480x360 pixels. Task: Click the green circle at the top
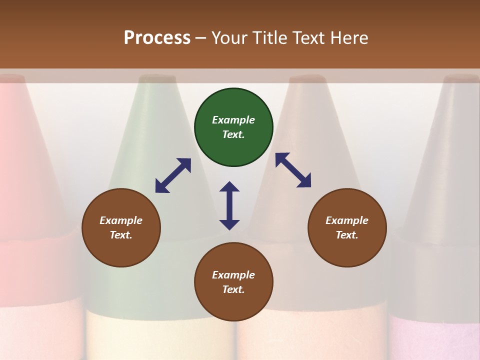click(x=233, y=127)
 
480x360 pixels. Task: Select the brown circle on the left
click(x=121, y=227)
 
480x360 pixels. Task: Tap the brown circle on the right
click(x=347, y=227)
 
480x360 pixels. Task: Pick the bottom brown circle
click(x=233, y=282)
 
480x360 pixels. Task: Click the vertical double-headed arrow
click(x=229, y=205)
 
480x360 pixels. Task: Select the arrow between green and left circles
click(x=173, y=175)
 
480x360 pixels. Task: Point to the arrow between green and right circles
click(x=293, y=170)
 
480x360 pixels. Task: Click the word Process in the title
click(x=157, y=37)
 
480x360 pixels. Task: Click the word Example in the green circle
click(x=233, y=120)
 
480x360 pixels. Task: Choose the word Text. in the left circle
click(x=121, y=235)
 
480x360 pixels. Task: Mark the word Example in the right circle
click(x=347, y=220)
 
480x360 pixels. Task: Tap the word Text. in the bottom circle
click(x=233, y=289)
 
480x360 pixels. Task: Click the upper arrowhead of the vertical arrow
click(x=229, y=187)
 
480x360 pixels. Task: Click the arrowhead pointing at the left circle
click(x=161, y=186)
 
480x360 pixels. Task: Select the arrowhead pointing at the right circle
click(x=304, y=181)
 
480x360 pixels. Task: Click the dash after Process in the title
click(x=201, y=38)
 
